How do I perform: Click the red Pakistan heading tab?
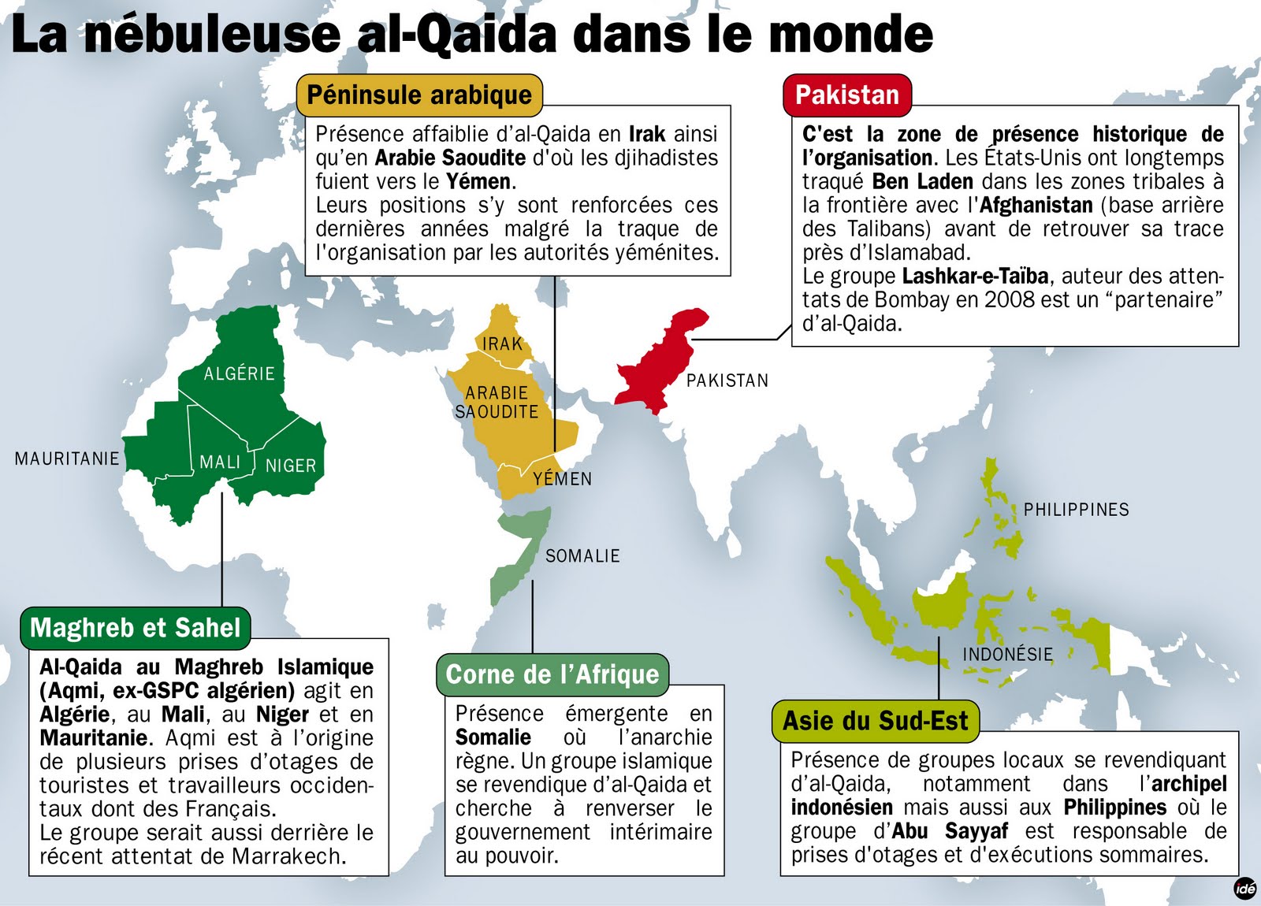(846, 95)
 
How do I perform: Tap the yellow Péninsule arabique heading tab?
(419, 95)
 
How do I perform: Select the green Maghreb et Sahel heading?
(135, 628)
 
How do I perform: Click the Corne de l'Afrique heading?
(552, 674)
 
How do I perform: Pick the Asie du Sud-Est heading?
(875, 721)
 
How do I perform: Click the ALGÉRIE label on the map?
(239, 373)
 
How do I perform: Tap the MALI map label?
(220, 462)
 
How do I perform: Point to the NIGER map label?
(290, 466)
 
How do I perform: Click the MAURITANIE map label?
(67, 459)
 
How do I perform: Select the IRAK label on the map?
(503, 343)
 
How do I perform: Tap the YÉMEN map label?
(562, 479)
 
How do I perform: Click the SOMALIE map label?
(582, 556)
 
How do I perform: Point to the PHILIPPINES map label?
(1076, 510)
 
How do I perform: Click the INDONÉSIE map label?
(1007, 654)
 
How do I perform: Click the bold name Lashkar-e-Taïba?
(975, 277)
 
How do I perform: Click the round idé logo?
(1244, 888)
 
